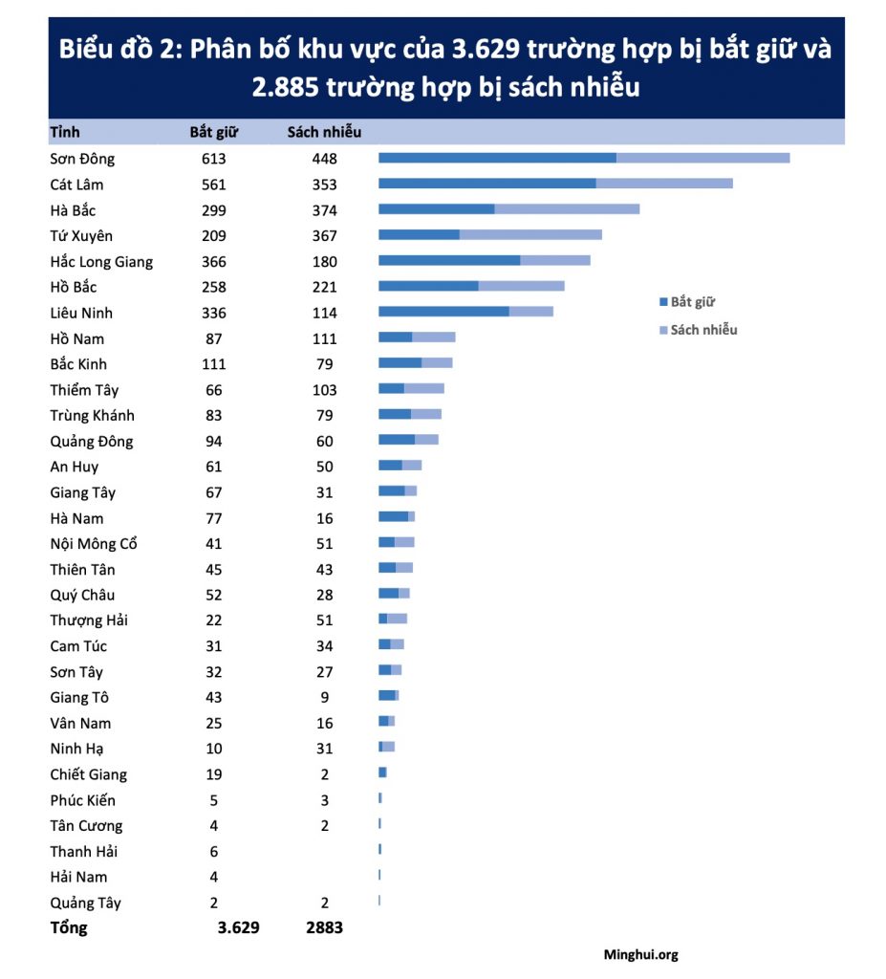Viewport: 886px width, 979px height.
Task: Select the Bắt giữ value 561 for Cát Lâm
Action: tap(214, 185)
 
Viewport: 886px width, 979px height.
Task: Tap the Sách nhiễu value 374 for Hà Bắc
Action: tap(324, 210)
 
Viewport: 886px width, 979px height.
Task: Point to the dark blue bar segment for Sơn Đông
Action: tap(497, 158)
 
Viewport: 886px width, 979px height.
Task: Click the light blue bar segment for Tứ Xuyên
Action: tap(530, 234)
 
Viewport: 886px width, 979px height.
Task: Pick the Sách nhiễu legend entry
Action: tap(702, 330)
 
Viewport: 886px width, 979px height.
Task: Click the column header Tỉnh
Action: tap(64, 132)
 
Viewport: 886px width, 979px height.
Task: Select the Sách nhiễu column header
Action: tap(324, 132)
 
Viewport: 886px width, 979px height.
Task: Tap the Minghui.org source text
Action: tap(640, 954)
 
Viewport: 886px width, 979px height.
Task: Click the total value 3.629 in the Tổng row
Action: tap(239, 927)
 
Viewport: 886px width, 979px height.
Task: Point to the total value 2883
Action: tap(324, 927)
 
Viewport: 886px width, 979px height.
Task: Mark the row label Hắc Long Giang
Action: tap(101, 262)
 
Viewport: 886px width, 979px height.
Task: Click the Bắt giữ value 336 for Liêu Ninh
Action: tap(214, 313)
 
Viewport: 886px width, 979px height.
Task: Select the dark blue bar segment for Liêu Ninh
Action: tap(443, 312)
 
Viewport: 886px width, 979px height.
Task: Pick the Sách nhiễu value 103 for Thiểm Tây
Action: tap(324, 390)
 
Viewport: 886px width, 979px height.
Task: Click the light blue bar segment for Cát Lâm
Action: tap(664, 184)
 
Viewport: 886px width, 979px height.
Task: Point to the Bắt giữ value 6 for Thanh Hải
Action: tap(214, 851)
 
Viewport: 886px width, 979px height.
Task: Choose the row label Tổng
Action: tap(69, 927)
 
